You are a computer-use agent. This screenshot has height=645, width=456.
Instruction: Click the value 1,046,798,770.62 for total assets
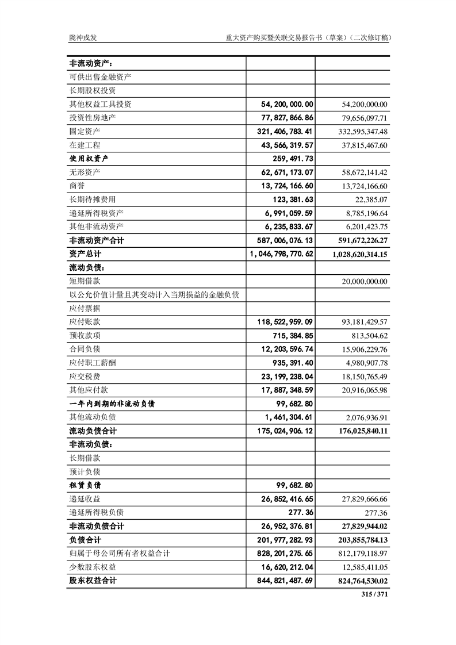coord(281,254)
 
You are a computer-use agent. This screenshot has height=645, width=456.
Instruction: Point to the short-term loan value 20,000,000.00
coord(360,282)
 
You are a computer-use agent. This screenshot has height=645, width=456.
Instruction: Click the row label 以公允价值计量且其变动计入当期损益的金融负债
coord(154,295)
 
